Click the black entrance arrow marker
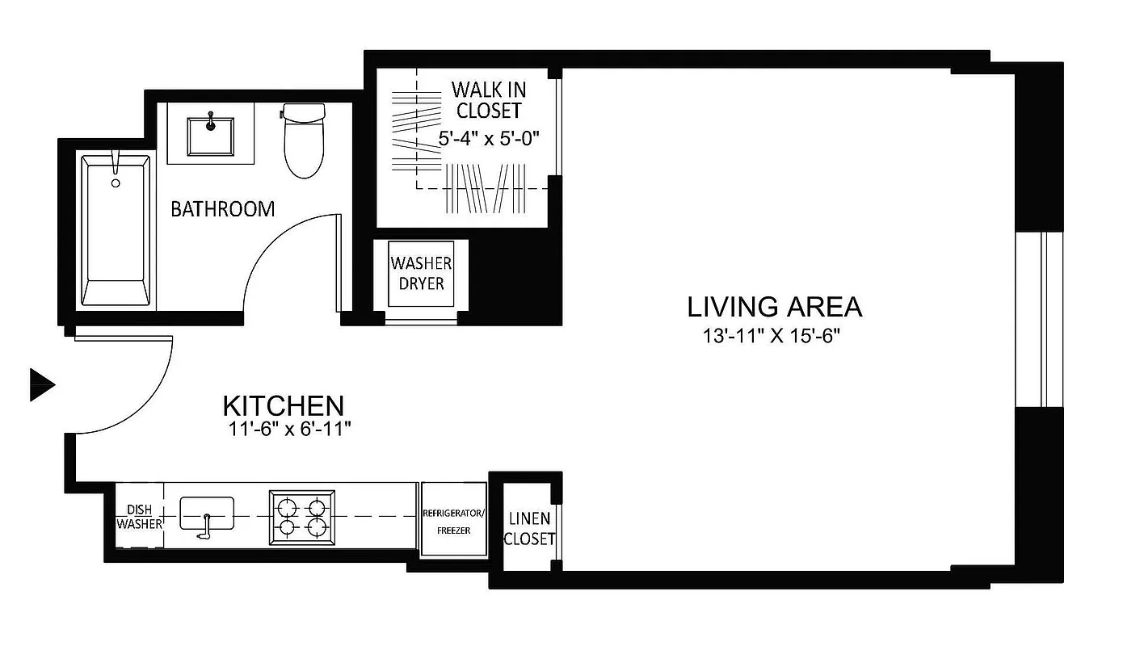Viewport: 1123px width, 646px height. click(x=41, y=384)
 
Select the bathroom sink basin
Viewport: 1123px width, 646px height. click(x=210, y=136)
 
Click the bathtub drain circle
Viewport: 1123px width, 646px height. click(x=116, y=183)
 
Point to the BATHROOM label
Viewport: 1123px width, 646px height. click(x=222, y=209)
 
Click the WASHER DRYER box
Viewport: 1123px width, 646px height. click(x=421, y=274)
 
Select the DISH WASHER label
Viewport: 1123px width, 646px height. click(x=139, y=517)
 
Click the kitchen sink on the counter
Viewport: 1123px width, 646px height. click(x=206, y=514)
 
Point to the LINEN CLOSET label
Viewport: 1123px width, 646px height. click(x=528, y=528)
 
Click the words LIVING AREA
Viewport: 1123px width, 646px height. click(x=774, y=307)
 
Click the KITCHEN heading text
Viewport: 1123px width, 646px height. click(x=283, y=405)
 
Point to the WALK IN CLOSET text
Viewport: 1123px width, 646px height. click(x=488, y=99)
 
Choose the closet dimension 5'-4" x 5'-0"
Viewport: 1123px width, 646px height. click(x=488, y=138)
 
